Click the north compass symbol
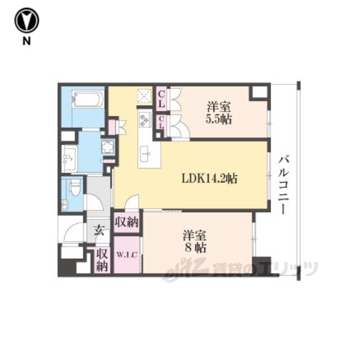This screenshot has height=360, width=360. click(x=26, y=20)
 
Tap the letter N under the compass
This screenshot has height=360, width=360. click(x=26, y=41)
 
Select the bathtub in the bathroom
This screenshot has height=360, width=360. click(x=88, y=99)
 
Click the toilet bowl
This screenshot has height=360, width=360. click(x=74, y=188)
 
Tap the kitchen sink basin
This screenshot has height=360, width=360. click(x=145, y=154)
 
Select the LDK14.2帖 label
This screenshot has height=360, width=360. click(x=209, y=178)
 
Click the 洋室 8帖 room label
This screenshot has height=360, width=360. click(x=194, y=241)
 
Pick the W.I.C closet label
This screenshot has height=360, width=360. click(x=127, y=255)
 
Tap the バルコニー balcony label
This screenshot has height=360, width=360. click(x=283, y=185)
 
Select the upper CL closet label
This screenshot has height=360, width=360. click(x=161, y=99)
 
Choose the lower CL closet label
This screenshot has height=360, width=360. click(x=161, y=123)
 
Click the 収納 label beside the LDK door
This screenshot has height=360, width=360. click(x=127, y=222)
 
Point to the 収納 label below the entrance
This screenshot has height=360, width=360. click(x=102, y=260)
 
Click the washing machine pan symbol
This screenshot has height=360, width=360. click(x=107, y=146)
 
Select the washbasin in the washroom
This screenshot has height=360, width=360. click(x=69, y=159)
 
